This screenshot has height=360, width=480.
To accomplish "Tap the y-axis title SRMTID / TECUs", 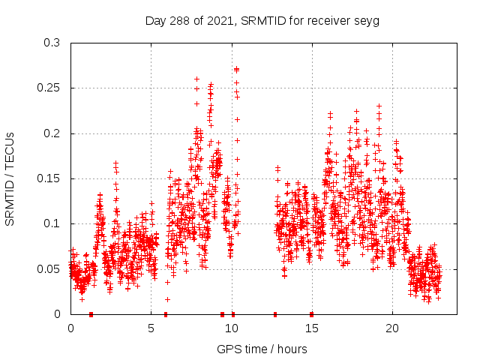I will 10,178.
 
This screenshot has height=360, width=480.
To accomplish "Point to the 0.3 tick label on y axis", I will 51,43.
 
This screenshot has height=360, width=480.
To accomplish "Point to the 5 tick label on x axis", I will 151,328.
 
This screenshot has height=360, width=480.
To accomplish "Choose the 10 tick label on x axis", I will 232,328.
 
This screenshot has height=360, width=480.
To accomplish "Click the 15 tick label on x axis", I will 312,328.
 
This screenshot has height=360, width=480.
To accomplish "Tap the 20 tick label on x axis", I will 392,328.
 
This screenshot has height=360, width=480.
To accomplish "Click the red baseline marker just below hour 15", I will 311,314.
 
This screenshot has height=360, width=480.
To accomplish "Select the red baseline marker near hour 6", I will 166,314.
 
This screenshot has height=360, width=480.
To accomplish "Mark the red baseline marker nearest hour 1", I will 91,314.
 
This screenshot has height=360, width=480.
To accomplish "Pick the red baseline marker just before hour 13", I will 275,314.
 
